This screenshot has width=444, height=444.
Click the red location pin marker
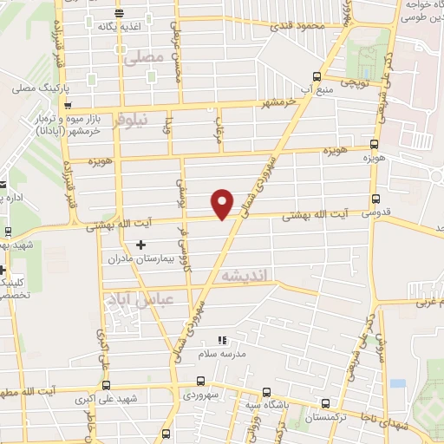[x=223, y=203]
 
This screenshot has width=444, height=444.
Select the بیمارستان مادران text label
[x=142, y=259]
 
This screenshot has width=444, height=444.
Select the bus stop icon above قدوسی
[x=375, y=198]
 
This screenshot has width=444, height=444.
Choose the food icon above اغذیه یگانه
[x=119, y=12]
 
